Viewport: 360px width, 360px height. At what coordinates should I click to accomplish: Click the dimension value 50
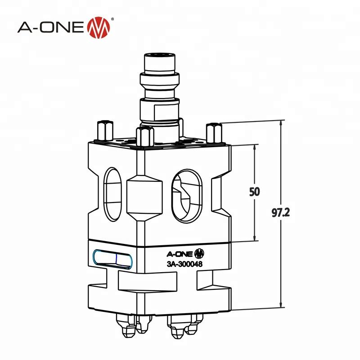click(x=254, y=192)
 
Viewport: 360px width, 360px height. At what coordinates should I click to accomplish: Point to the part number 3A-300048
click(x=183, y=264)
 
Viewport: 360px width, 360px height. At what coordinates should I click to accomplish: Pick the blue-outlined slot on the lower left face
click(x=111, y=259)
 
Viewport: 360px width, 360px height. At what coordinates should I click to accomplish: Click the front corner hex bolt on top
click(x=144, y=136)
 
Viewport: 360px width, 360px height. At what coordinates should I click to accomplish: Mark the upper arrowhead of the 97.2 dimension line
click(x=282, y=123)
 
